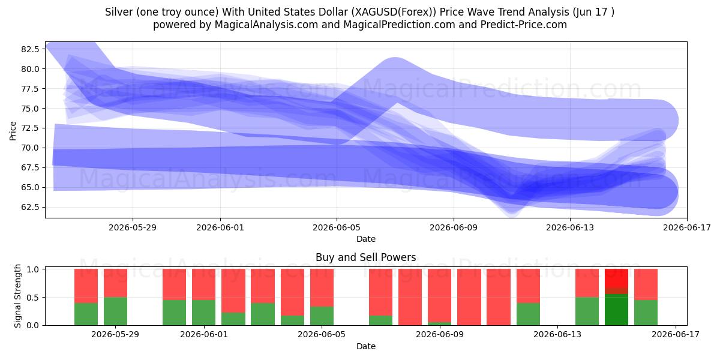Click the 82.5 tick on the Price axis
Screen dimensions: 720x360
(30, 49)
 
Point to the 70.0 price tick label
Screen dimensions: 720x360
(30, 148)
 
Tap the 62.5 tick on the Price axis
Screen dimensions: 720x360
(30, 207)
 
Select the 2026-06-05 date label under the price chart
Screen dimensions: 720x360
(337, 227)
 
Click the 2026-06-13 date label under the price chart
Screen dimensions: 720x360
(570, 227)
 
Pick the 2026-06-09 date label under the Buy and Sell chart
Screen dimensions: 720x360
(440, 335)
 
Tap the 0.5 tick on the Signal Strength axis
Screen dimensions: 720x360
(32, 298)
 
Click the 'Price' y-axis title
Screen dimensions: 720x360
(13, 131)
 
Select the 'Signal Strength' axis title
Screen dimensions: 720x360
(17, 296)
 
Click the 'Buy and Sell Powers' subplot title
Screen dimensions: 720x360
(366, 257)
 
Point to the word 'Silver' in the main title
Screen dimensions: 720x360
(119, 12)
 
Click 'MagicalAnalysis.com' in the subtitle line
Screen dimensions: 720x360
(266, 25)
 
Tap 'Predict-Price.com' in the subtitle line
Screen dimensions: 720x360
(524, 25)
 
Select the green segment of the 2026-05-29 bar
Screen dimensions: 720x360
(115, 311)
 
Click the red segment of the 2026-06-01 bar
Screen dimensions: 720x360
(204, 284)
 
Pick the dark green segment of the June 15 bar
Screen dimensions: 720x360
(617, 310)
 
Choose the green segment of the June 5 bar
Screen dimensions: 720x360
(322, 316)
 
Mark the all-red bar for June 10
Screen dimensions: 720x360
(469, 297)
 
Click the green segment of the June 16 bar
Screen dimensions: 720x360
(646, 313)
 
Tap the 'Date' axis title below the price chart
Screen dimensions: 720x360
(366, 239)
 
